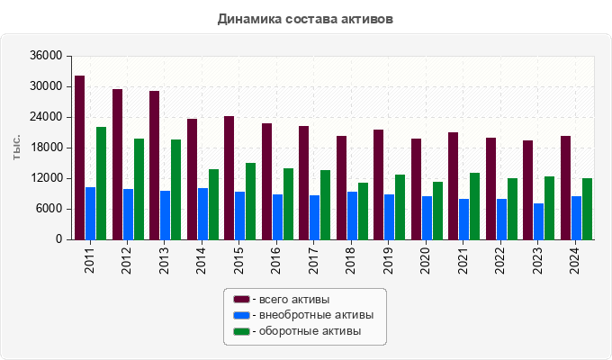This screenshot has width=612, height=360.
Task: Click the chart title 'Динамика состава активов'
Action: pos(305,18)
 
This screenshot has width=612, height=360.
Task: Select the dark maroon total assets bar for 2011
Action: pos(80,157)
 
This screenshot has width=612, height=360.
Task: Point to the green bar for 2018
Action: pos(364,211)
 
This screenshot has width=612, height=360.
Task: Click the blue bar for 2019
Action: pos(390,217)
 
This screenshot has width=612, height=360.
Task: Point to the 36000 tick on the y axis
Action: pos(46,56)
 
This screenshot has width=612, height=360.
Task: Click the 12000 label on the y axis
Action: pos(46,178)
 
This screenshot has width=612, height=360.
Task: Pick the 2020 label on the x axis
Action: pos(427,260)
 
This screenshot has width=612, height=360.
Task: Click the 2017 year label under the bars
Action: pos(315,260)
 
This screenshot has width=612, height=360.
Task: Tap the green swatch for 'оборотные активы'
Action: pos(241,332)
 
